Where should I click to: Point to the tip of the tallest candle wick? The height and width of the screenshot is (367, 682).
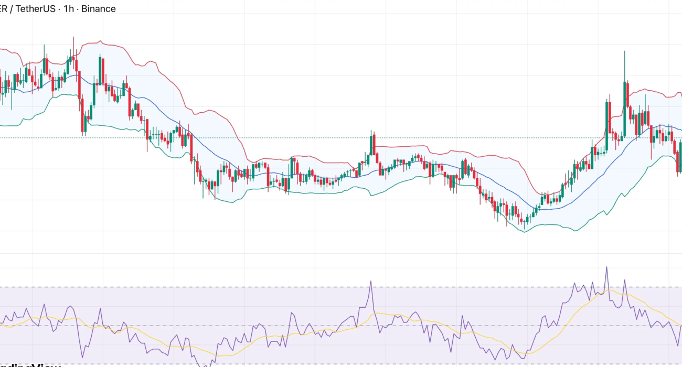click(624, 51)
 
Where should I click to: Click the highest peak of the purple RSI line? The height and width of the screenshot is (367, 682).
click(606, 267)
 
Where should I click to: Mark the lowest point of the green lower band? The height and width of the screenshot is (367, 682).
click(525, 232)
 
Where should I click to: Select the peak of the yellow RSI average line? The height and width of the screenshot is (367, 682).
click(609, 290)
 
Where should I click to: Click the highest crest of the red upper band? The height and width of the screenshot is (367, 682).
click(97, 40)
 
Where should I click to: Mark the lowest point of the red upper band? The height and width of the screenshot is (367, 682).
click(540, 193)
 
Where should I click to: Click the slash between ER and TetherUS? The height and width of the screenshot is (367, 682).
click(13, 9)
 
